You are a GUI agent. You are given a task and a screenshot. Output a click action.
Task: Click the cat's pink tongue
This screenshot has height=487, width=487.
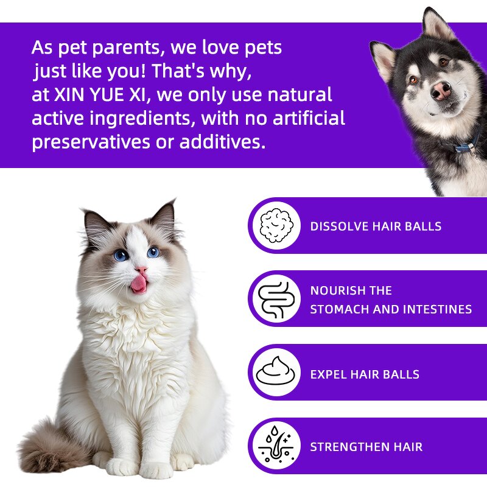click(139, 284)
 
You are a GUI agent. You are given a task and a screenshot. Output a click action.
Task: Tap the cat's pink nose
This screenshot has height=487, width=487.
click(141, 270)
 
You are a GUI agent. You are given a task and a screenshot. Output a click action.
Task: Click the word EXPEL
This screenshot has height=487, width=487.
click(328, 374)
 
